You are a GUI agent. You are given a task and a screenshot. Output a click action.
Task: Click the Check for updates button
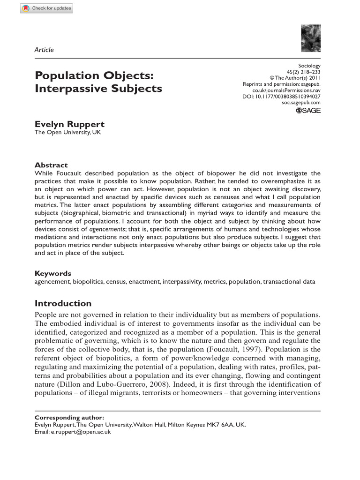click(46, 9)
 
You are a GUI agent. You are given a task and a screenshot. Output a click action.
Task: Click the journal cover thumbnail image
click(311, 38)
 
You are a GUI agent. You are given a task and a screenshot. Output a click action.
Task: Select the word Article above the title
click(44, 50)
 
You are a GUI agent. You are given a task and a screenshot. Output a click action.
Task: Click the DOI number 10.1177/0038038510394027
click(286, 96)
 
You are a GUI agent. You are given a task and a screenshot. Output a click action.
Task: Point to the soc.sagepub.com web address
click(301, 102)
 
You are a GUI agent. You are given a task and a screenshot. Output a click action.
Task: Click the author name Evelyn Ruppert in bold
click(69, 124)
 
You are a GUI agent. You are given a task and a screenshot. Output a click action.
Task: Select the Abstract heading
click(51, 165)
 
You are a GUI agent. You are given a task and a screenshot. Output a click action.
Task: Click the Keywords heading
click(53, 273)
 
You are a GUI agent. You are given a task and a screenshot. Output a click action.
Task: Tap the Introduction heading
click(63, 303)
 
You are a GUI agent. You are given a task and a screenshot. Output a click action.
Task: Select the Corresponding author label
click(69, 417)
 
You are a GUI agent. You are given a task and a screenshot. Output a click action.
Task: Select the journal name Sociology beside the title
click(309, 66)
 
